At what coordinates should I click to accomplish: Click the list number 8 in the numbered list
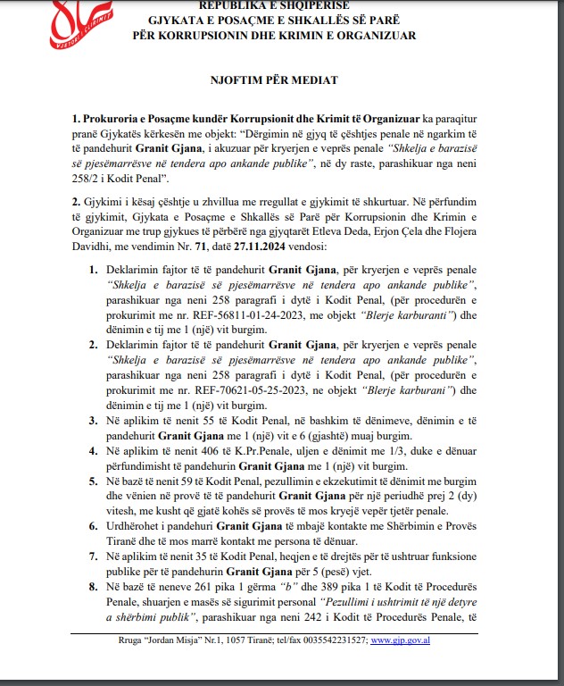point(95,587)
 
